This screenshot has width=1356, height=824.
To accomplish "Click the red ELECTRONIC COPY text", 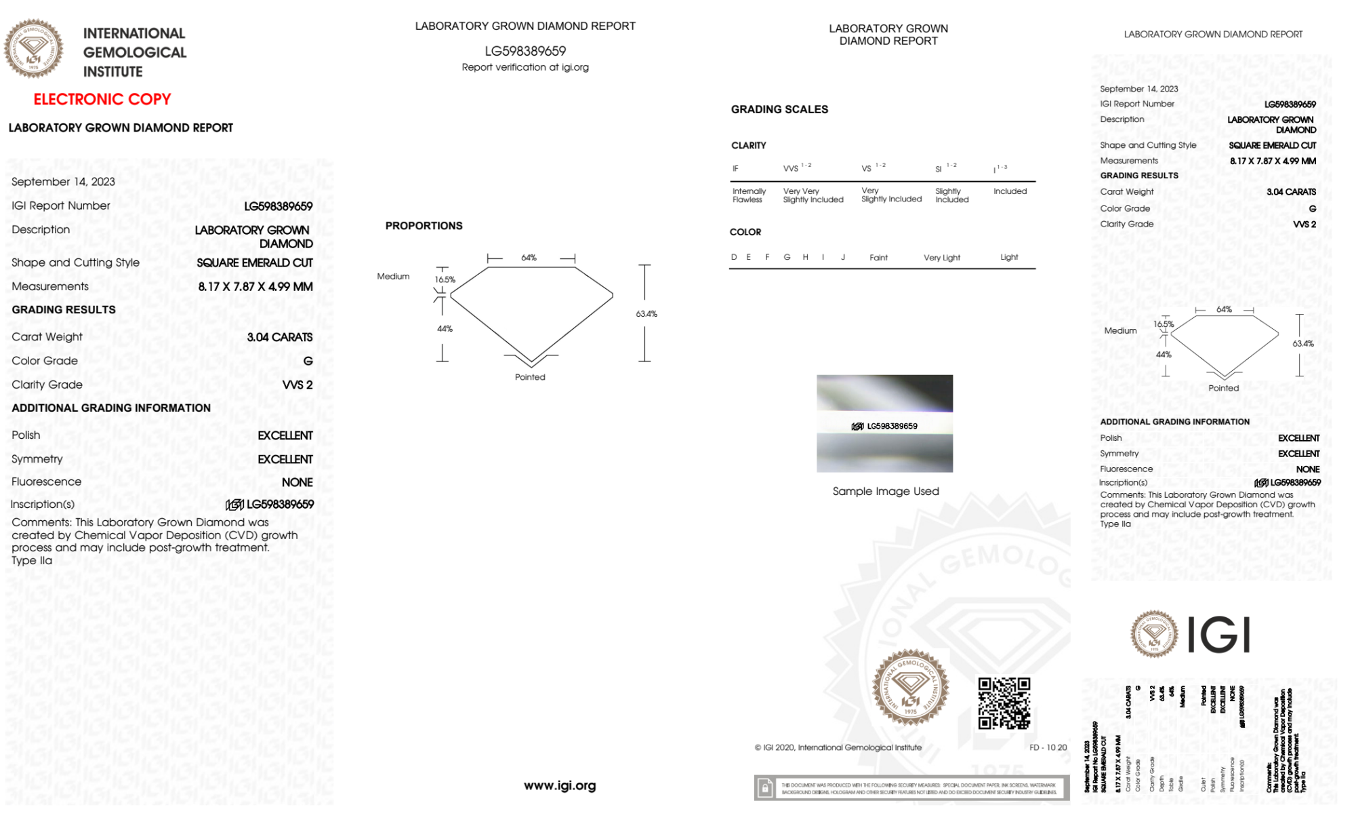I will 102,100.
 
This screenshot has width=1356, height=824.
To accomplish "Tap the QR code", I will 1004,703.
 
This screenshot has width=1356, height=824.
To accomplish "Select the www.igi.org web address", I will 560,785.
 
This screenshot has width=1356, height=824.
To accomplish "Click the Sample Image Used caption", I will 886,491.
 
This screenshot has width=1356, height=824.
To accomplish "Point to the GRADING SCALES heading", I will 779,109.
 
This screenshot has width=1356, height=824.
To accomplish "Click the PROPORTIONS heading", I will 424,226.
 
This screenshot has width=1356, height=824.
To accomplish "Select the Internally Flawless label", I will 749,195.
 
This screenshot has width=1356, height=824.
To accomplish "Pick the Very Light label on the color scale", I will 941,258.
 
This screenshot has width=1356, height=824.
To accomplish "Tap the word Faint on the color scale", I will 878,258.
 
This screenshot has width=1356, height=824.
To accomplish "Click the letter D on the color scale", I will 734,257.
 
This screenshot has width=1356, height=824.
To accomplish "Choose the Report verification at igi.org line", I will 525,67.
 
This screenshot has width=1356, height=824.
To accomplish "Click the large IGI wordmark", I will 1219,635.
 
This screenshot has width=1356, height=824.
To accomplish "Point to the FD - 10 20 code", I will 1048,747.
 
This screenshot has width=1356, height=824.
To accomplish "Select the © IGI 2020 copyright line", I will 838,747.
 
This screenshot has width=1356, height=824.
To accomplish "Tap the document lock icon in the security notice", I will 765,788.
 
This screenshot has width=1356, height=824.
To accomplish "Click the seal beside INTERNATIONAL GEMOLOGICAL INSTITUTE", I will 33,48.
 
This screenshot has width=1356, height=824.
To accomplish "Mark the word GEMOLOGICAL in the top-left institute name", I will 134,52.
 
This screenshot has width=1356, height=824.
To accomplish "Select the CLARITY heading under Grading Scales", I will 748,146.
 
